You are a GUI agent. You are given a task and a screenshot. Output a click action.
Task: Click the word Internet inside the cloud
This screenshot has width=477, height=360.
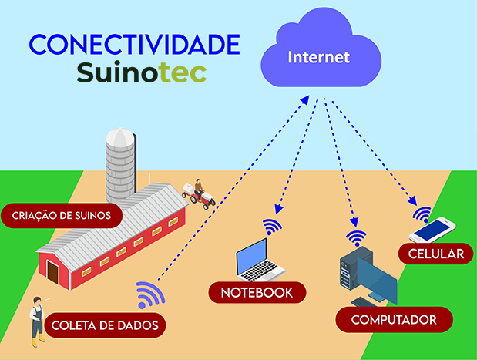[318, 57]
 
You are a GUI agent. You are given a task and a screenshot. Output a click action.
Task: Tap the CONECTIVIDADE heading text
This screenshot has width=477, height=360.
[134, 45]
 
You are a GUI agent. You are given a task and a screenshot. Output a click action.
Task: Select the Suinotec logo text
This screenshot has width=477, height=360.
[142, 72]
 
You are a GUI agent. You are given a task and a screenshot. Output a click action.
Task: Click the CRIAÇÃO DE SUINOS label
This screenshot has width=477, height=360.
[62, 215]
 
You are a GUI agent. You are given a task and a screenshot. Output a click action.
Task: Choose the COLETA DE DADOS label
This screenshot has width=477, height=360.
[105, 325]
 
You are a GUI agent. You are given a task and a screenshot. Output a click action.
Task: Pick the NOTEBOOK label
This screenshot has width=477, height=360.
[257, 293]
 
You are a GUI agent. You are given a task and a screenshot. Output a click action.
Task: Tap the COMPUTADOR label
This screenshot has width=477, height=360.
[394, 320]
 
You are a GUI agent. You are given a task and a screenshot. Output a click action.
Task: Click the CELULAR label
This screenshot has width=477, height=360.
[436, 254]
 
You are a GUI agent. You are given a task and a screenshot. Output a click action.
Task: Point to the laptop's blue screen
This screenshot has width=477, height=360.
[252, 257]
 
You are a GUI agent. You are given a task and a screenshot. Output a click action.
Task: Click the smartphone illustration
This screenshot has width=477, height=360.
[432, 230]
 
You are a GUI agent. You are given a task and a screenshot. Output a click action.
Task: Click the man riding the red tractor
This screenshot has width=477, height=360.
[198, 189]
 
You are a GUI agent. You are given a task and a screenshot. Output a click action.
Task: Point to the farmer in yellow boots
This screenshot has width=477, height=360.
[38, 321]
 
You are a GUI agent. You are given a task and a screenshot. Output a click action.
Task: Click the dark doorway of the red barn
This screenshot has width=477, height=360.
[52, 272]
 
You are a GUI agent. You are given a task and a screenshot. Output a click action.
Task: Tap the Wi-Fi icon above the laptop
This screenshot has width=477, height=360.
[272, 227]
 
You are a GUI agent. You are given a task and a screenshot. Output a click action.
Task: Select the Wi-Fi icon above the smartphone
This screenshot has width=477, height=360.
[422, 214]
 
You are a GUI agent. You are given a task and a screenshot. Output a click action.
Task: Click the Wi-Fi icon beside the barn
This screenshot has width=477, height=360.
[149, 294]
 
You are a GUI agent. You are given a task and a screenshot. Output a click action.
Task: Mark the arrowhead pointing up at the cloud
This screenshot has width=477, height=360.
[305, 100]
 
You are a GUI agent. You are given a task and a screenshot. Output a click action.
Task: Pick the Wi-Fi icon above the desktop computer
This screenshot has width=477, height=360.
[356, 238]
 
